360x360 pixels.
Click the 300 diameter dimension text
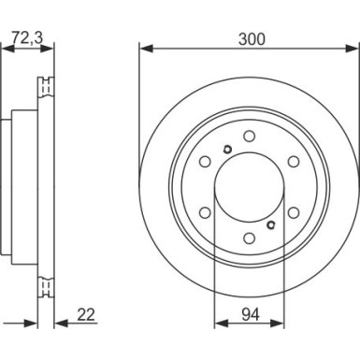click(250, 39)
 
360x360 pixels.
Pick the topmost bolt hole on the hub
click(249, 137)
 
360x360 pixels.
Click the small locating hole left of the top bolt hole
click(226, 150)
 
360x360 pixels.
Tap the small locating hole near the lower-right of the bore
click(271, 223)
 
